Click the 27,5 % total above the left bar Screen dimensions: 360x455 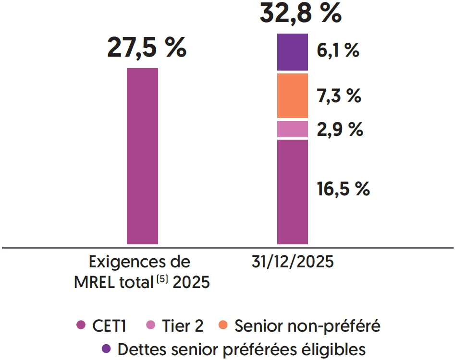tap(147, 48)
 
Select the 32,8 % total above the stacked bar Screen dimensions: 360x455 tap(300, 13)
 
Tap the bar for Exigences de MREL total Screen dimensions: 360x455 tap(142, 156)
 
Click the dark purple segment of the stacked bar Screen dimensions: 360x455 tap(293, 52)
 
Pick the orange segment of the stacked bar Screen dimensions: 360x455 tap(293, 96)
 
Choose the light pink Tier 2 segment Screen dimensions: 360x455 tap(293, 129)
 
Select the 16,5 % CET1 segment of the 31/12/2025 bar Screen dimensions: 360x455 tap(293, 192)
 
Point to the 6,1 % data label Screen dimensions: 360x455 tap(338, 50)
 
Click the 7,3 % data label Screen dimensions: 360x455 tap(339, 96)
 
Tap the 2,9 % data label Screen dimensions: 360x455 tap(340, 130)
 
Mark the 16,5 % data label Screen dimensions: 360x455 tap(343, 189)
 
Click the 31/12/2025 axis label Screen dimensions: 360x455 tap(293, 263)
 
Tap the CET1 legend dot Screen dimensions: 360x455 tap(81, 326)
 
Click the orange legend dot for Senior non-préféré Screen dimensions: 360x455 tap(223, 326)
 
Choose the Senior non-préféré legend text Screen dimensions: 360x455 tap(307, 326)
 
